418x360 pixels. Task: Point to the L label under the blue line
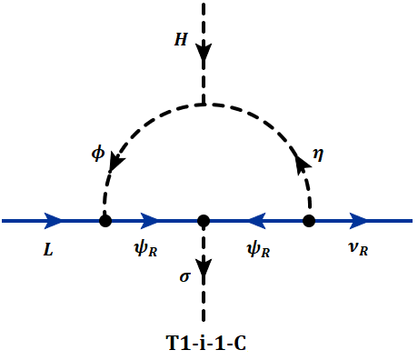(48, 248)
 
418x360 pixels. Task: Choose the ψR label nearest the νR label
(258, 249)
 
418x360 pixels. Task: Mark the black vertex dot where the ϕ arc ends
(105, 220)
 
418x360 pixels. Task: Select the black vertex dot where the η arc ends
(309, 220)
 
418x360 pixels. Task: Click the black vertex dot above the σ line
(204, 220)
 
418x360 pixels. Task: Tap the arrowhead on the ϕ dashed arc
(114, 163)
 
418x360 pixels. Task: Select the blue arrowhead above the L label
(53, 220)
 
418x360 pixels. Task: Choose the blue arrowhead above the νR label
(359, 220)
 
